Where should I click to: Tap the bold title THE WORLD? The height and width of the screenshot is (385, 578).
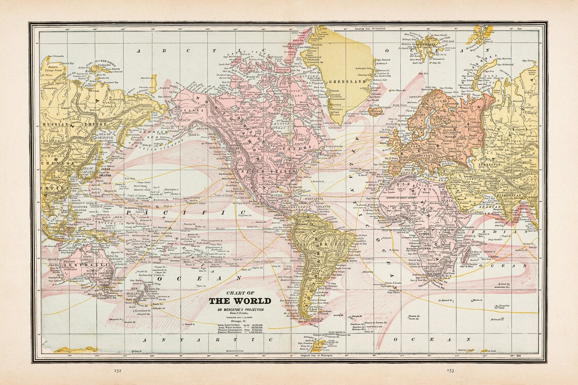click(x=240, y=300)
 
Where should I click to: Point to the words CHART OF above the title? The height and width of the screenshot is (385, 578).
click(x=240, y=292)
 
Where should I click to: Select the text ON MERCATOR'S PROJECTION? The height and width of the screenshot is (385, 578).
click(x=240, y=309)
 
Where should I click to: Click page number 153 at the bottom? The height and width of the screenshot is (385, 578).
click(x=450, y=370)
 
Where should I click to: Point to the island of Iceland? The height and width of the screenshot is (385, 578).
click(x=376, y=110)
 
